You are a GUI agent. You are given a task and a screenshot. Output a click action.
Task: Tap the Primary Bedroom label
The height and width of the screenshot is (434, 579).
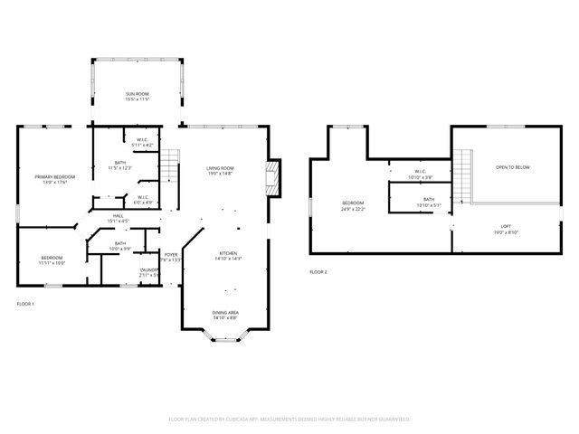[55, 178]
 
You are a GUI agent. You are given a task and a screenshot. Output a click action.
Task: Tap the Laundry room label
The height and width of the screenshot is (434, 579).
[149, 271]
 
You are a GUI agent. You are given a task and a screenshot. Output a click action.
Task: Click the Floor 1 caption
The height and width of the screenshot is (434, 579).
[25, 304]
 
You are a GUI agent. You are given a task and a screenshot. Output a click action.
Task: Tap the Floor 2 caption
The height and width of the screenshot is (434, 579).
[318, 271]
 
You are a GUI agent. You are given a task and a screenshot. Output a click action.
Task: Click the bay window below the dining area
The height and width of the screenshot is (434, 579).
[226, 339]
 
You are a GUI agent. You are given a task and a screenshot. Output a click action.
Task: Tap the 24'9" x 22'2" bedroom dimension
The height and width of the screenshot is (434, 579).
[353, 209]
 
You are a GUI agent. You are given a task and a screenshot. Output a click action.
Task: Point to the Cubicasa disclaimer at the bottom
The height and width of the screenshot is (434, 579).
[289, 420]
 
